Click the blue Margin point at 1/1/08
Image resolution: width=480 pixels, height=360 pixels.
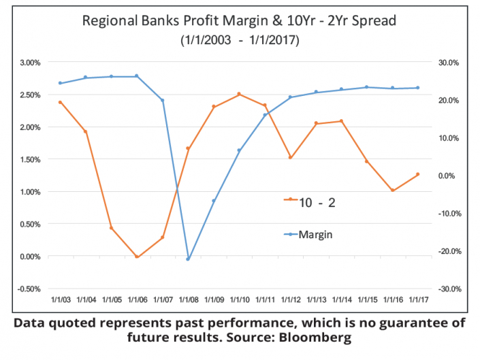[x=188, y=259]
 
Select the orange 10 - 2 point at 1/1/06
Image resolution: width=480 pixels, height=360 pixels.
[x=137, y=257]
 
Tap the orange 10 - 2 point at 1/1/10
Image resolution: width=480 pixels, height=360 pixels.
[x=239, y=94]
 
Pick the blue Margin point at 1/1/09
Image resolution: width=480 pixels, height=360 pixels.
[x=214, y=201]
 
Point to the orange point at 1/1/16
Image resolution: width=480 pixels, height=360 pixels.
[x=392, y=191]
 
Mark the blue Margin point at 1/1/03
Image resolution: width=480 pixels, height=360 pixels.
[x=60, y=83]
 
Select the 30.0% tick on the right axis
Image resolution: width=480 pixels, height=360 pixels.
[x=449, y=63]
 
